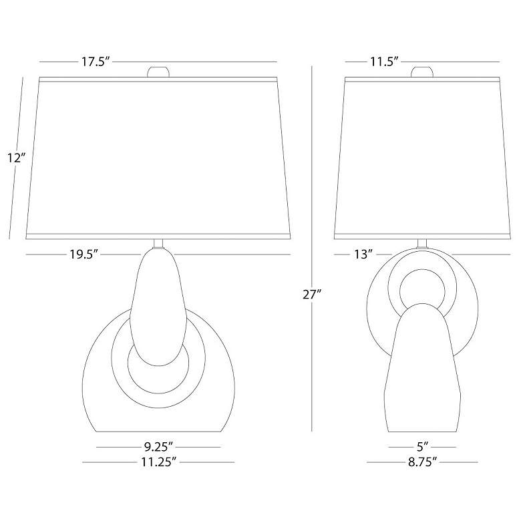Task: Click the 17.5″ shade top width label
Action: click(96, 62)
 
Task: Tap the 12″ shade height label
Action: click(17, 158)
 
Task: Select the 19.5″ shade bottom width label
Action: click(83, 254)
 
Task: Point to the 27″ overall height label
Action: click(312, 295)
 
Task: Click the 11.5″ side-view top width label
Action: click(385, 62)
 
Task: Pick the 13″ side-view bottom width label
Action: click(363, 254)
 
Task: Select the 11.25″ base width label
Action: click(158, 462)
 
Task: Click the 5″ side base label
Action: click(422, 447)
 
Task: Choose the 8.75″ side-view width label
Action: click(422, 462)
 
